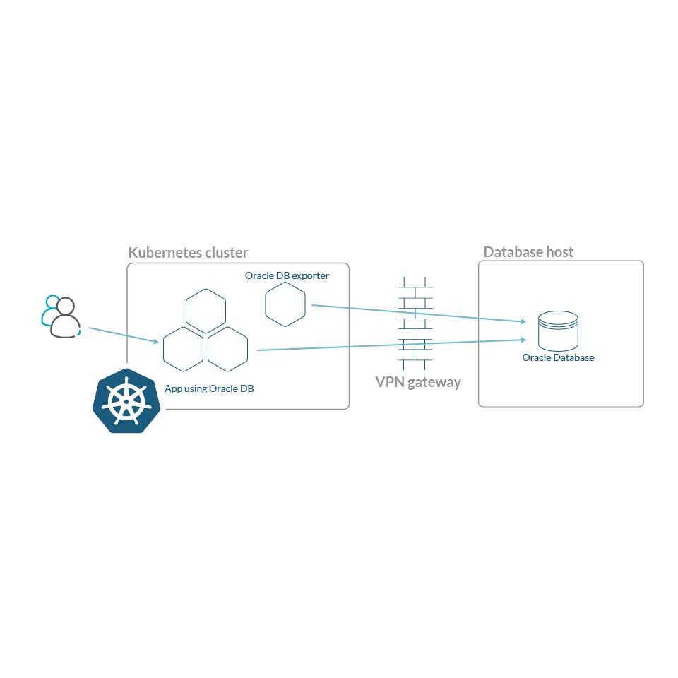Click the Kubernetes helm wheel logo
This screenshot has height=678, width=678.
[127, 400]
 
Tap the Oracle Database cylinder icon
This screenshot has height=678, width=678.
[558, 331]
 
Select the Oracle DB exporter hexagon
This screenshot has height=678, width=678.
[285, 304]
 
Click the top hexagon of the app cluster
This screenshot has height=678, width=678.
[206, 311]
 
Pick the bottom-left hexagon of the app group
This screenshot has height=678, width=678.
[184, 349]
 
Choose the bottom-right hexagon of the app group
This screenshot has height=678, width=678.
[227, 349]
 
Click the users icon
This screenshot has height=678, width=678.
[61, 317]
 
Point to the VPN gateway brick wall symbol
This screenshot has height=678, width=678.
[414, 323]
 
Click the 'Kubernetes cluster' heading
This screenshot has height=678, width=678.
[188, 253]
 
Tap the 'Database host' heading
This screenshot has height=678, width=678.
[528, 252]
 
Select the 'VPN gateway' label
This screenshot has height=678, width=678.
[418, 382]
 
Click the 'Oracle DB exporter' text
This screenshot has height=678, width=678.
[287, 275]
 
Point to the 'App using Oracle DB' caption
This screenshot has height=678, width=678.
[209, 388]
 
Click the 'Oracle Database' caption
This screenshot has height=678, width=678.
[558, 357]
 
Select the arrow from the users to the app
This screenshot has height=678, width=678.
[124, 335]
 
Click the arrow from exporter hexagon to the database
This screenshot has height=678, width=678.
[417, 314]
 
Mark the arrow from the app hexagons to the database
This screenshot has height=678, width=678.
[392, 345]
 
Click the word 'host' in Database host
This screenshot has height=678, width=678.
[559, 252]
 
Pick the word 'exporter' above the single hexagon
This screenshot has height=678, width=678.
[311, 275]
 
